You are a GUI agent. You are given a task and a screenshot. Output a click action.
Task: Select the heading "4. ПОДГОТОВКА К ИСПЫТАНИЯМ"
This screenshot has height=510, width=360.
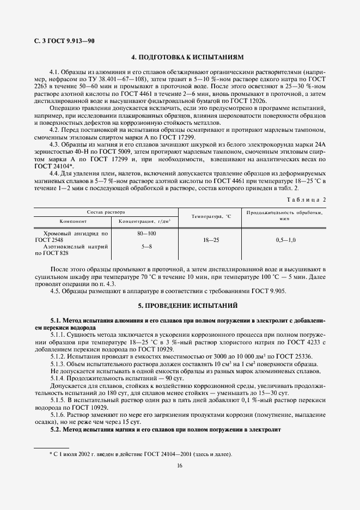point(180,57)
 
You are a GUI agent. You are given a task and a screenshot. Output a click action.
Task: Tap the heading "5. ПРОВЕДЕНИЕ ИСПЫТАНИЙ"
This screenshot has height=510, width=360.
point(180,306)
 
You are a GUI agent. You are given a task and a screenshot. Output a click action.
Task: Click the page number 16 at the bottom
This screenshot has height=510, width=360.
point(180,465)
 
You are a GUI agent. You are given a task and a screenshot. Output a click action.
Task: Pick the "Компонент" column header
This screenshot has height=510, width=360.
point(72,221)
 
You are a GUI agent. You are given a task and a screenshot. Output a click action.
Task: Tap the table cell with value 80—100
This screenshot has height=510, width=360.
point(147,233)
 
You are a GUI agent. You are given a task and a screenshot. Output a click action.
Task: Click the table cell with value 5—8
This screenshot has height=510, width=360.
point(147,246)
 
